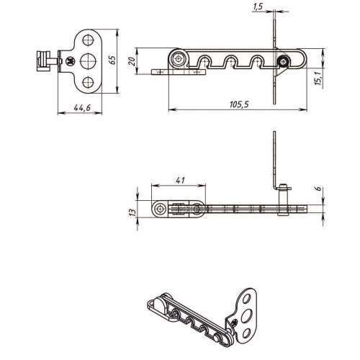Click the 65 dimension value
pyautogui.click(x=112, y=60)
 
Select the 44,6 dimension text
pyautogui.click(x=82, y=108)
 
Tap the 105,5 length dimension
pyautogui.click(x=239, y=104)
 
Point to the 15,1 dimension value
pyautogui.click(x=318, y=78)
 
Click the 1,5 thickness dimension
pyautogui.click(x=258, y=6)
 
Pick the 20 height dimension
pyautogui.click(x=132, y=61)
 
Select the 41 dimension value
pyautogui.click(x=180, y=180)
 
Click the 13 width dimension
pyautogui.click(x=132, y=212)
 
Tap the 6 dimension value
pyautogui.click(x=318, y=189)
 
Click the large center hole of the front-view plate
pyautogui.click(x=88, y=61)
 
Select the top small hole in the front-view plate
pyautogui.click(x=88, y=40)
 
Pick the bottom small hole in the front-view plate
pyautogui.click(x=88, y=82)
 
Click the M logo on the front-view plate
pyautogui.click(x=71, y=61)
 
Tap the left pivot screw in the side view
pyautogui.click(x=178, y=58)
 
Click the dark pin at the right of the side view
pyautogui.click(x=283, y=62)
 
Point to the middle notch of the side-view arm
pyautogui.click(x=230, y=62)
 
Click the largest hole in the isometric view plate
pyautogui.click(x=246, y=316)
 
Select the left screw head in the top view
pyautogui.click(x=160, y=210)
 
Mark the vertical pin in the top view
pyautogui.click(x=284, y=199)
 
